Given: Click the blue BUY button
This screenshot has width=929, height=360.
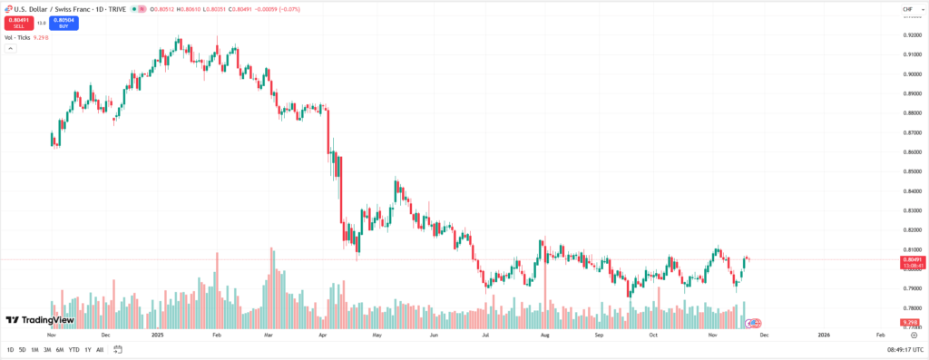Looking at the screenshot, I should tap(64, 23).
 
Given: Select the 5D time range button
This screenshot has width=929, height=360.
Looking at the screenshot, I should tap(22, 350).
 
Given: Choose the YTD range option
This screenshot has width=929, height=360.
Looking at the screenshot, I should tap(73, 350).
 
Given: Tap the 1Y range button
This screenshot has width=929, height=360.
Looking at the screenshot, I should tap(88, 350).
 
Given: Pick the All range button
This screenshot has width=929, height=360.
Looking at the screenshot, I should tap(100, 350).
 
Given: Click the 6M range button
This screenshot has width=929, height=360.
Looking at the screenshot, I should tap(59, 350).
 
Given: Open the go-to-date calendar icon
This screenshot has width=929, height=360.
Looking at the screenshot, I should tap(118, 350).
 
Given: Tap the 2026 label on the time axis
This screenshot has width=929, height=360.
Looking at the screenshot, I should tap(823, 335).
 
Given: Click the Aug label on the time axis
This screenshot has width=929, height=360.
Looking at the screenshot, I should tap(544, 335).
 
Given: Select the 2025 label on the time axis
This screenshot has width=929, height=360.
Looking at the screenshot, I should tap(157, 335).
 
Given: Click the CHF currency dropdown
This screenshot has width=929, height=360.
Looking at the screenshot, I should tap(908, 9).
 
